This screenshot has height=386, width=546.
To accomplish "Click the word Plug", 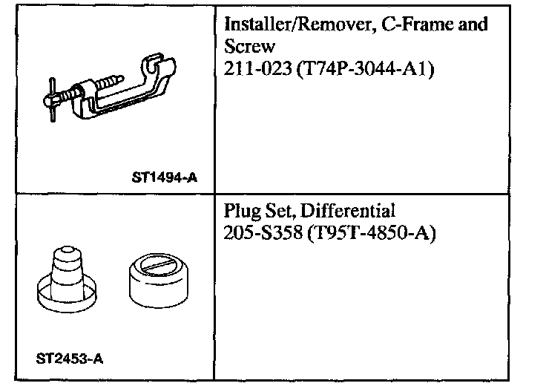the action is point(240,211).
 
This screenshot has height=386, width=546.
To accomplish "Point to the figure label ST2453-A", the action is point(69,359).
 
